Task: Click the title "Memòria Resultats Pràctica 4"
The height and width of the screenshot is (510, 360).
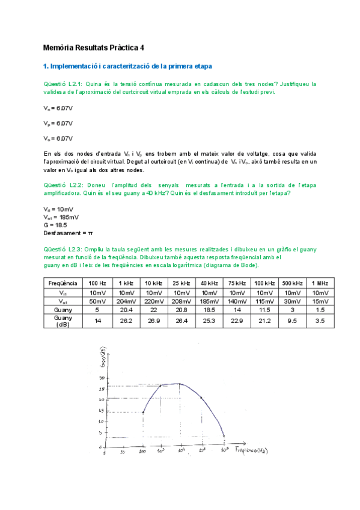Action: coord(94,48)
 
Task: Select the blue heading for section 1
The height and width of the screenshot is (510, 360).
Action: coord(127,66)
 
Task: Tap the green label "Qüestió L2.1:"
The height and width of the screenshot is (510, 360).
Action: coord(64,84)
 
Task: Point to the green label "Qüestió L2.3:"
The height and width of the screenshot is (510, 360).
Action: coord(64,249)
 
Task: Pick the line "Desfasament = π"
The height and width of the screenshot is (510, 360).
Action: coord(68,233)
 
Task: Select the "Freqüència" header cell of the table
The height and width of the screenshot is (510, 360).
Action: coord(63,283)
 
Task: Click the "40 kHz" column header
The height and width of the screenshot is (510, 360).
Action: coord(209,283)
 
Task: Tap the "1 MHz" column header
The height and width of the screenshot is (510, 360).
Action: coord(320,283)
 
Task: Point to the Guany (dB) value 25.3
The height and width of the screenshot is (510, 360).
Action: coord(209,321)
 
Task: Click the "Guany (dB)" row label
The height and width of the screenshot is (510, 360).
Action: coord(63,321)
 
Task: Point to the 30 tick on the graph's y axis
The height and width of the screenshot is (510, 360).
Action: coord(101,377)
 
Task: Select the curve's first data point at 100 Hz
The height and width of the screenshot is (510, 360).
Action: coord(142,412)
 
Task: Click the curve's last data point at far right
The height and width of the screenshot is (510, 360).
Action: coord(224,435)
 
